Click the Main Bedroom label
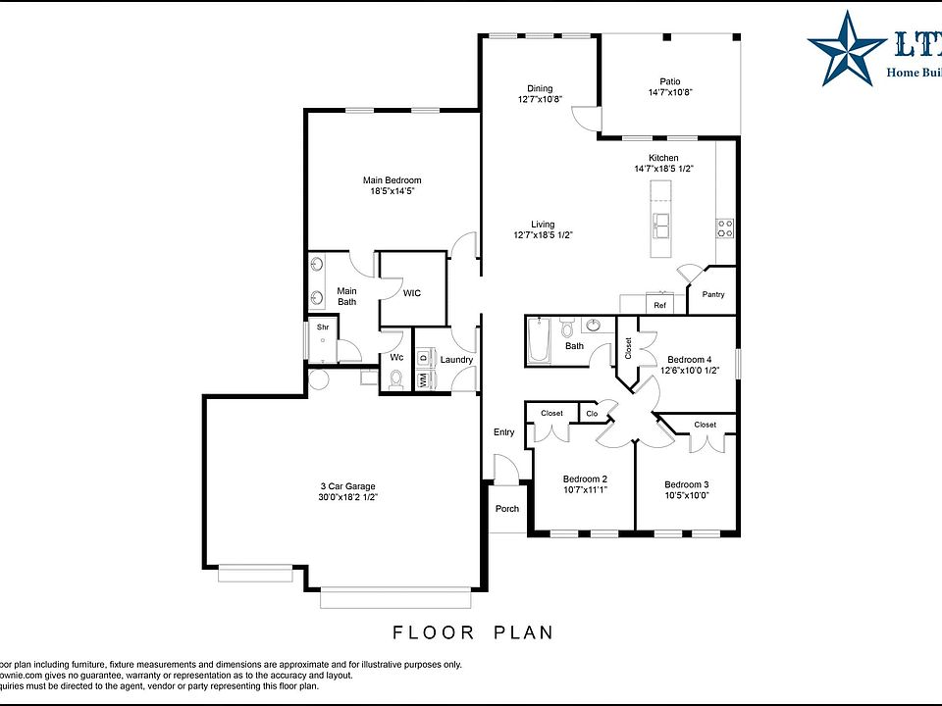[392, 180]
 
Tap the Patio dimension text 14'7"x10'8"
[670, 93]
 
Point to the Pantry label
[713, 294]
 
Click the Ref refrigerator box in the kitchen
[659, 305]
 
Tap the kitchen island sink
[660, 227]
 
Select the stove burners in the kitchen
[726, 228]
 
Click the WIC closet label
[412, 292]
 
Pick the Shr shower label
[322, 327]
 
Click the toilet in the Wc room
[396, 382]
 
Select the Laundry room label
[456, 360]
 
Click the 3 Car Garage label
[347, 486]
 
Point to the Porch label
[507, 508]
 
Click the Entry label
[503, 432]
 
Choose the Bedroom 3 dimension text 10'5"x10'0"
[687, 495]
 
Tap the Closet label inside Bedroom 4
[628, 348]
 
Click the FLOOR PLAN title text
[473, 632]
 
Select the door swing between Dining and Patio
[586, 119]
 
